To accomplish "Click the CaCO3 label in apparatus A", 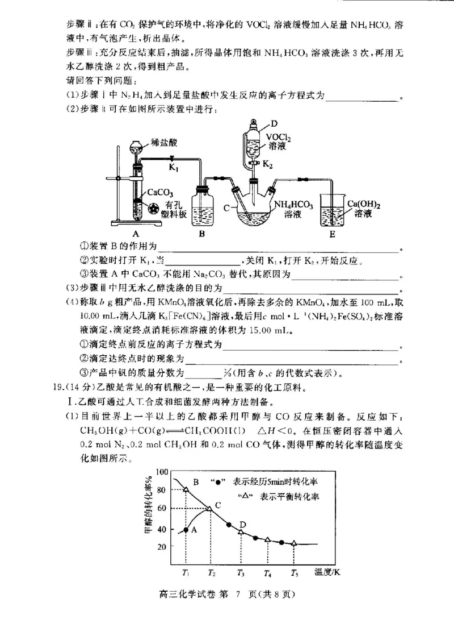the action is pos(161,194).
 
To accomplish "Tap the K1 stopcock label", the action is pos(174,168).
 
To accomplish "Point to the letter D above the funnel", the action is pos(274,123).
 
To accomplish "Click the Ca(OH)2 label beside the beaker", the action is pos(363,204).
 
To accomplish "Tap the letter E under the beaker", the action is pos(332,234).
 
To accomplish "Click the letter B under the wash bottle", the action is pos(201,234).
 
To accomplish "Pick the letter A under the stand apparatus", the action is pos(136,234).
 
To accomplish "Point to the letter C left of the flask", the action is pos(226,208).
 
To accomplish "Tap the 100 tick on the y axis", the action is pos(162,472).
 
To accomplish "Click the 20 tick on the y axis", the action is pos(163,546).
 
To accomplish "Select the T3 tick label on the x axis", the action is pos(241,572).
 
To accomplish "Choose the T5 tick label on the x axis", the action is pos(294,572).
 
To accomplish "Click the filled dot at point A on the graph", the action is pos(186,530).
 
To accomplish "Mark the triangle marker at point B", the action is pos(186,489).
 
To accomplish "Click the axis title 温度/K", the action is pos(328,572).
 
